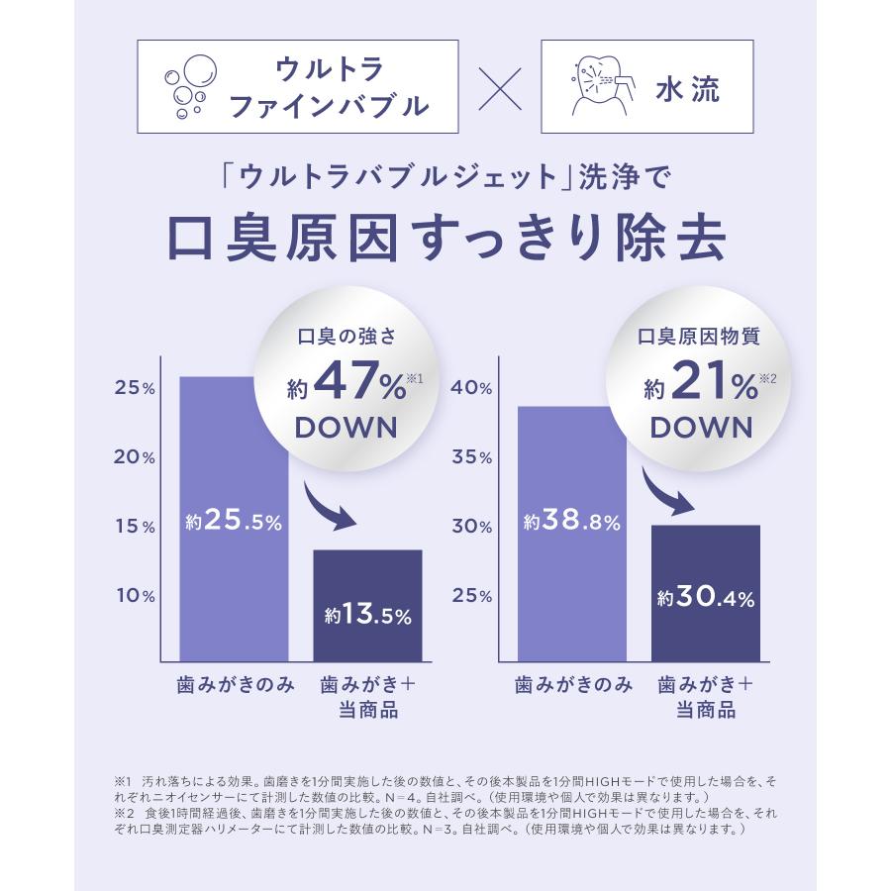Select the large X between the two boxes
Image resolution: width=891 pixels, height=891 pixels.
coord(499,87)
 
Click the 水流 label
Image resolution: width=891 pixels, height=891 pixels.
coord(686,88)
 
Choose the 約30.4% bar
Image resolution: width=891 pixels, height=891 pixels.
coord(706,593)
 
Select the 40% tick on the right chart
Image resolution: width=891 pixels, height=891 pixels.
coord(471,388)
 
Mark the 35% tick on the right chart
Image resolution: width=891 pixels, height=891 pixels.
coord(471,457)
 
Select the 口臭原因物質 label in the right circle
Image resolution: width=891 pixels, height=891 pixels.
coord(698,337)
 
